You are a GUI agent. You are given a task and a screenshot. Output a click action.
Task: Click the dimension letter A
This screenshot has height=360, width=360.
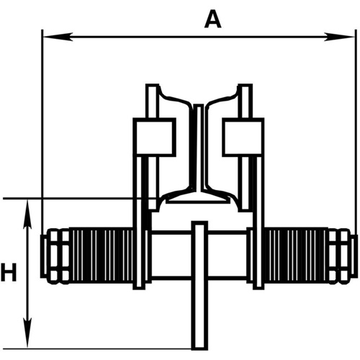click(211, 19)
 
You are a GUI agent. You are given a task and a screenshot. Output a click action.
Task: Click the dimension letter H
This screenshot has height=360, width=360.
click(9, 273)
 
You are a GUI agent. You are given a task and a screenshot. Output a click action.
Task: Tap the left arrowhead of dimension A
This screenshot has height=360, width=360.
click(48, 37)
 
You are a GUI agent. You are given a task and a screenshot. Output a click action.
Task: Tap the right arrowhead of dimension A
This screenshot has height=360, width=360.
click(352, 37)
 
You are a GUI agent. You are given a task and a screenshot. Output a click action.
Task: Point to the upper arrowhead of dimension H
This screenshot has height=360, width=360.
click(28, 207)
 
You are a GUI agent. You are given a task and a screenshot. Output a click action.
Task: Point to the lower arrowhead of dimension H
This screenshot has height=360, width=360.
click(28, 341)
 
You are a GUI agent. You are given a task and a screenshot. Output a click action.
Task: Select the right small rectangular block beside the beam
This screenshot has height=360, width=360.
click(241, 137)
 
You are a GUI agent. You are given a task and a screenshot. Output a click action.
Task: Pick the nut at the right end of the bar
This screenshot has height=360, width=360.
click(344, 255)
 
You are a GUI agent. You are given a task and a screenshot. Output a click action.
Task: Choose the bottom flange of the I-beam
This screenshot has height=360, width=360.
click(199, 196)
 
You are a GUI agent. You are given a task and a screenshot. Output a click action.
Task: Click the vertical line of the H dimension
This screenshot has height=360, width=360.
click(28, 274)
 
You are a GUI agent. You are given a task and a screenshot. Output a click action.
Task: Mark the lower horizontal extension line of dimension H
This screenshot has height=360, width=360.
click(108, 348)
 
